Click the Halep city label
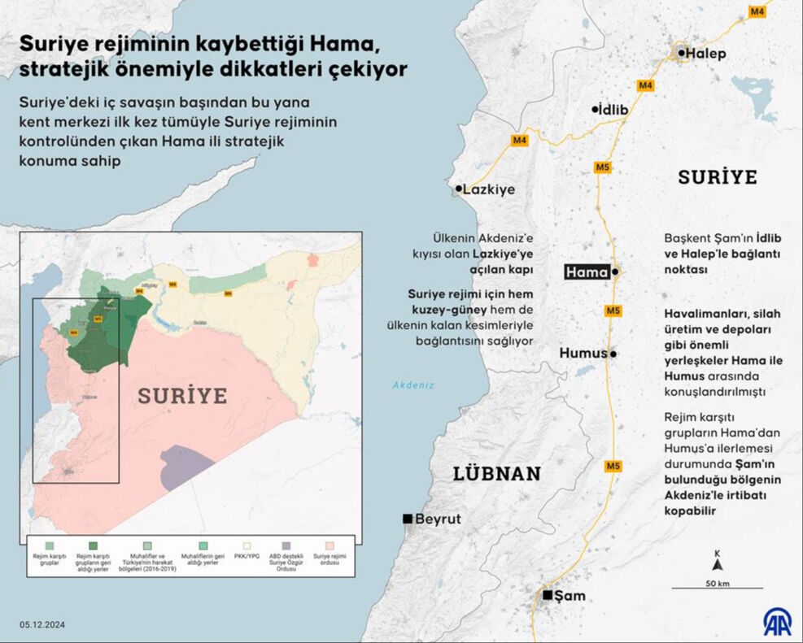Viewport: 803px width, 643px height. click(x=705, y=54)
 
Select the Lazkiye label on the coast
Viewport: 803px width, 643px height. click(x=488, y=189)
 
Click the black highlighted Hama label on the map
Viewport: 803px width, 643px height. click(x=587, y=272)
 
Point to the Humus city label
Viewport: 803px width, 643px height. click(x=583, y=354)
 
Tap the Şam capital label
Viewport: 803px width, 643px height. click(x=570, y=596)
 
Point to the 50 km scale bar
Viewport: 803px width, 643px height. click(x=717, y=587)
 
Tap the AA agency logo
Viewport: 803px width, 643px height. click(x=776, y=622)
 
